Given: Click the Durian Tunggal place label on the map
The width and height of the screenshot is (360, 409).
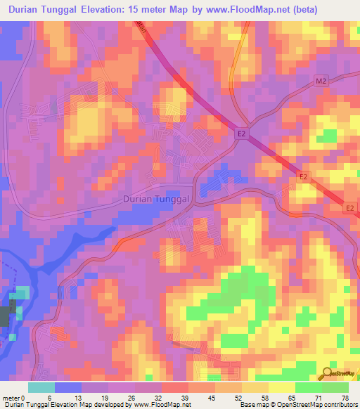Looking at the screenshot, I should pyautogui.click(x=157, y=200).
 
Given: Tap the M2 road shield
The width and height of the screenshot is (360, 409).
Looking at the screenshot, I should pyautogui.click(x=321, y=82).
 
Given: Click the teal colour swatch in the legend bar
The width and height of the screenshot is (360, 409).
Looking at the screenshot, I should pyautogui.click(x=41, y=387).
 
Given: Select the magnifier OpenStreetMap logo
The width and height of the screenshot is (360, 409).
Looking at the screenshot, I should pyautogui.click(x=328, y=372).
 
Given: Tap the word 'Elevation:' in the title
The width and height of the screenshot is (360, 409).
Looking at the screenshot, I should pyautogui.click(x=131, y=10).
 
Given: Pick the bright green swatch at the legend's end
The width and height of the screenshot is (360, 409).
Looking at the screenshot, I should pyautogui.click(x=335, y=387).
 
